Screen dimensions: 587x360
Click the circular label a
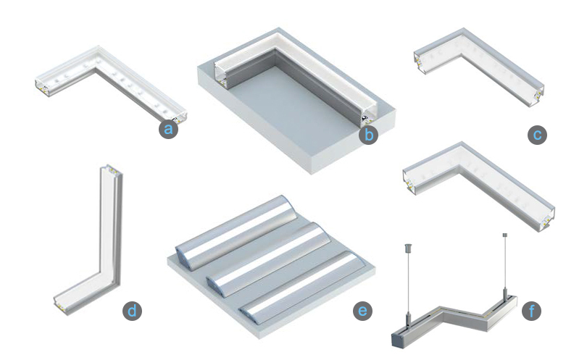(168, 129)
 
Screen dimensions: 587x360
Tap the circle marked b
(368, 135)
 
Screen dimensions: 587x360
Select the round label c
(537, 135)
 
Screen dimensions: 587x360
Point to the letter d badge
(132, 311)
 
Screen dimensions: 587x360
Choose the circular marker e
(362, 311)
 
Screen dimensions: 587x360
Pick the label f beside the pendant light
(531, 311)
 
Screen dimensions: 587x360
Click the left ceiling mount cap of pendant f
(408, 248)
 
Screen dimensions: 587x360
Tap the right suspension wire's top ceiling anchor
(504, 235)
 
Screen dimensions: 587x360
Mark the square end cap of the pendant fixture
(397, 340)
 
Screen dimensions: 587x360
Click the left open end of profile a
(42, 88)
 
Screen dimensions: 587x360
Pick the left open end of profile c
(420, 62)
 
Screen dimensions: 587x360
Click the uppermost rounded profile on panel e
(237, 232)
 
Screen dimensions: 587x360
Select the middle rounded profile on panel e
(268, 259)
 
